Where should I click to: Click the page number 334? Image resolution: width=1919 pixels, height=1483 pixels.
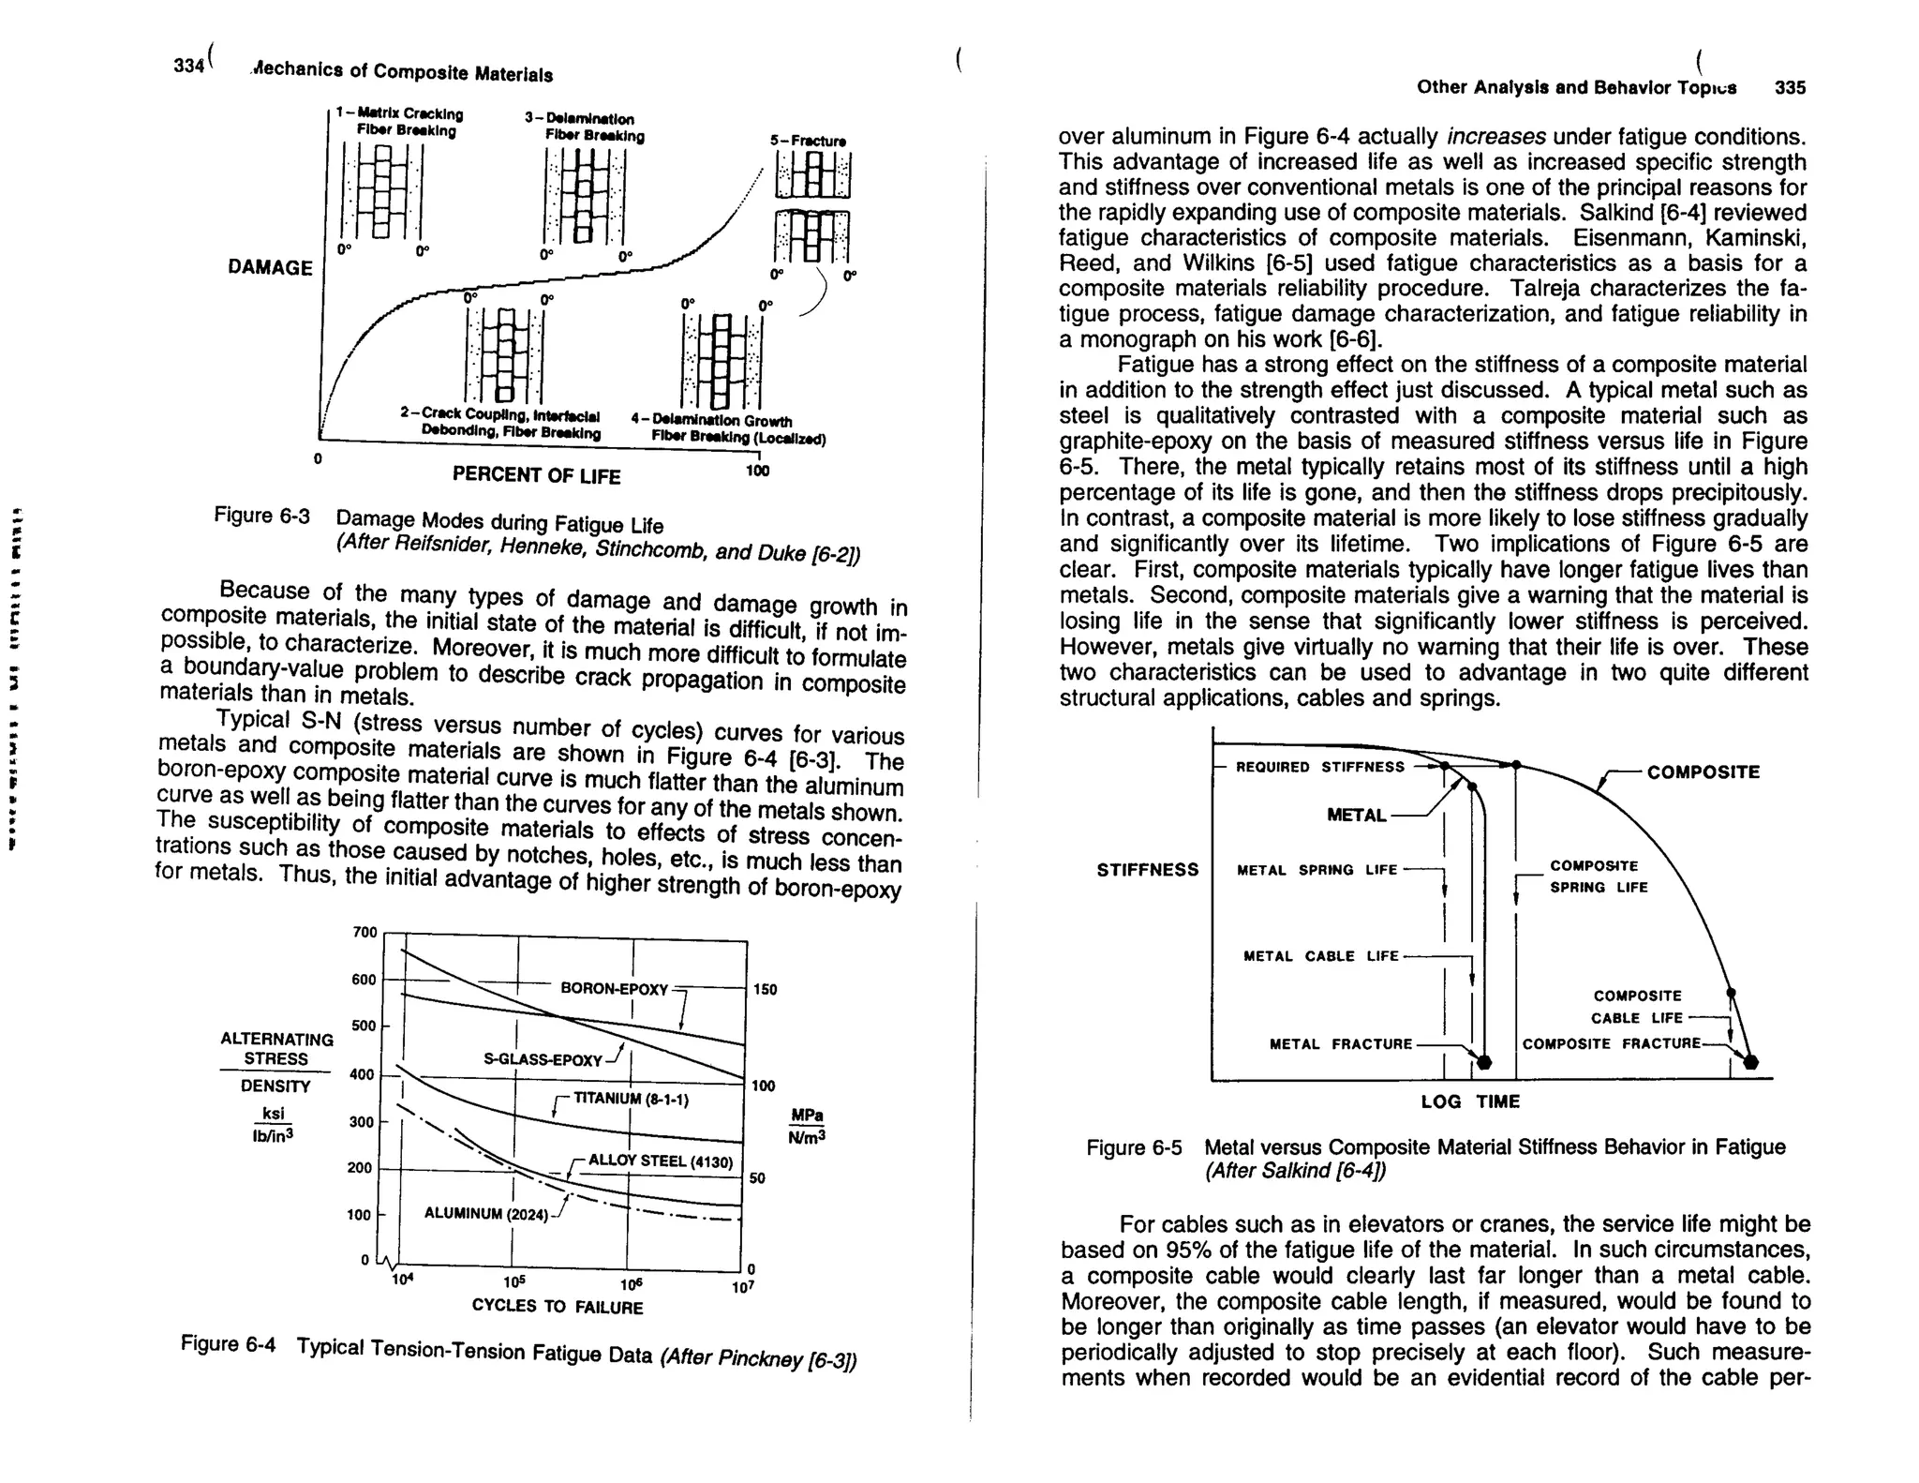point(188,66)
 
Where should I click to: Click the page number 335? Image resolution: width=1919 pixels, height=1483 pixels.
point(1790,88)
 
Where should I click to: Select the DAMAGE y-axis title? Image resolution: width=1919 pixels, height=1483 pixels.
point(270,268)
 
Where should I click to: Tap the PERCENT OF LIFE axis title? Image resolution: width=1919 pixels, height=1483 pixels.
point(536,476)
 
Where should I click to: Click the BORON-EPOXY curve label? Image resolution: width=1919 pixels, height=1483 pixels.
point(614,989)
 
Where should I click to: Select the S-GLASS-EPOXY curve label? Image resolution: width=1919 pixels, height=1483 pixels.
point(543,1060)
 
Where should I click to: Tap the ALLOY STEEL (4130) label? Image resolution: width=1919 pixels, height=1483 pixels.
point(660,1161)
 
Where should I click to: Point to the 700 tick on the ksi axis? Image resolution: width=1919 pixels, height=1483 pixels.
point(364,932)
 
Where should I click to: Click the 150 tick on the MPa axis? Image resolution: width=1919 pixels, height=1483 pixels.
point(765,990)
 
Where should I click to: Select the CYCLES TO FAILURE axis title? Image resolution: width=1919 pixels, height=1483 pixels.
point(558,1307)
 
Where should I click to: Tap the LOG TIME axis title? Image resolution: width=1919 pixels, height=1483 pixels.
point(1470,1101)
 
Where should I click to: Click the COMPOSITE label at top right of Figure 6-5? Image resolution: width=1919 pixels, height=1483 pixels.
point(1703,772)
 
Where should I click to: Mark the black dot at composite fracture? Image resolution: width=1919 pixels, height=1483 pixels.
point(1751,1062)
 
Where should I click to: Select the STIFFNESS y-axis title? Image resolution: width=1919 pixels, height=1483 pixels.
point(1147,870)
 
